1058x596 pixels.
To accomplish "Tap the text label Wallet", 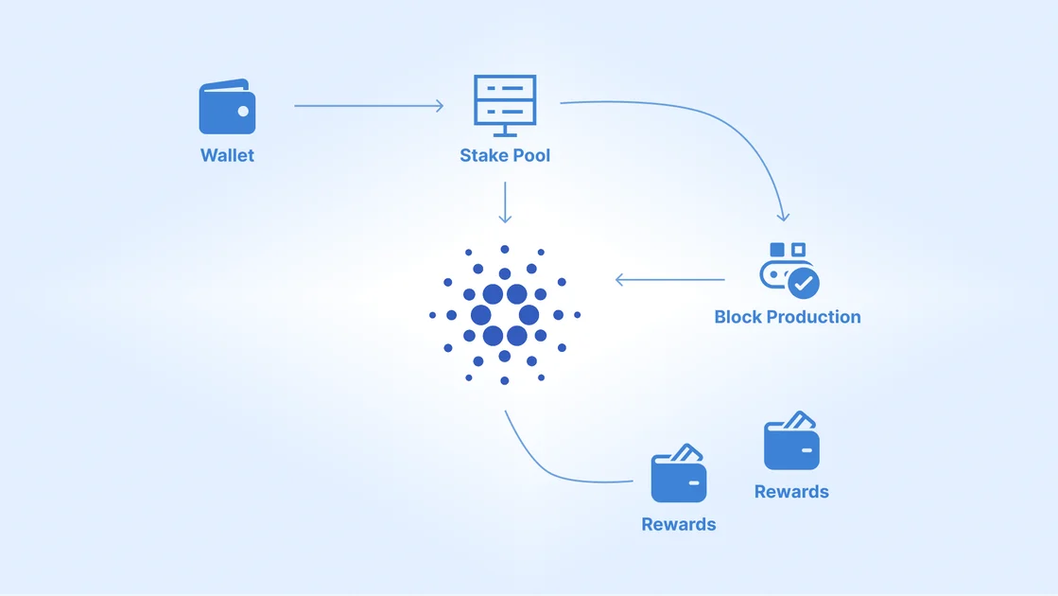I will coord(227,155).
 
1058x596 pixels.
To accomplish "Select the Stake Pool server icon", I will coord(504,104).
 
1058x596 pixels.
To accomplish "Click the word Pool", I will coord(530,155).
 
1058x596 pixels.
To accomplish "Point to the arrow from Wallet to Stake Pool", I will coord(369,106).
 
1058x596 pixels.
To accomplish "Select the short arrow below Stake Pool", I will coord(505,202).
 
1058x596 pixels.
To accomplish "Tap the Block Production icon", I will coord(788,269).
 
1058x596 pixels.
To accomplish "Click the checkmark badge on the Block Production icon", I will coord(804,282).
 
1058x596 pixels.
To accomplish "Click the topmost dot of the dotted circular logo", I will coord(505,250).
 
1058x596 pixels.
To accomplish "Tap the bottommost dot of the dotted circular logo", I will coord(505,380).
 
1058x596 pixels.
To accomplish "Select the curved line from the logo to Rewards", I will coord(548,468).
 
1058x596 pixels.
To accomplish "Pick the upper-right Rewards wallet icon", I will coord(791,442).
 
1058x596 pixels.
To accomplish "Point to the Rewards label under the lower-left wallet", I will coord(679,524).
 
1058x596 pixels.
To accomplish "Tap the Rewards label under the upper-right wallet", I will coord(791,492).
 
